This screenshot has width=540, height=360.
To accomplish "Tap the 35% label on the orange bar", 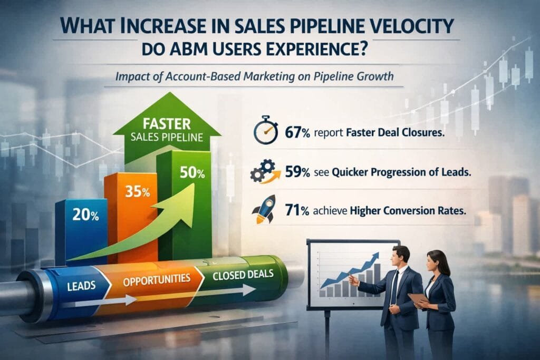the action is coord(138,191).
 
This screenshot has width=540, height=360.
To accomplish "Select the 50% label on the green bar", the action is coord(192,173).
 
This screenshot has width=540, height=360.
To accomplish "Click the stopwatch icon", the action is coord(266,130).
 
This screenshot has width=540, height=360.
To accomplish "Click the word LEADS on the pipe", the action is coord(81,286).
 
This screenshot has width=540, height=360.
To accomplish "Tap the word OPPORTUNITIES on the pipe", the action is coord(157,279).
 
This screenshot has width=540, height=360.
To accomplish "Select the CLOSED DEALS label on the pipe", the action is coord(243,275).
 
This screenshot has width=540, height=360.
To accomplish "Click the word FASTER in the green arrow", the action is coord(167,124).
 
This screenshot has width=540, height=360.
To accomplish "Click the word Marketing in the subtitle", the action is coord(268,76).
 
